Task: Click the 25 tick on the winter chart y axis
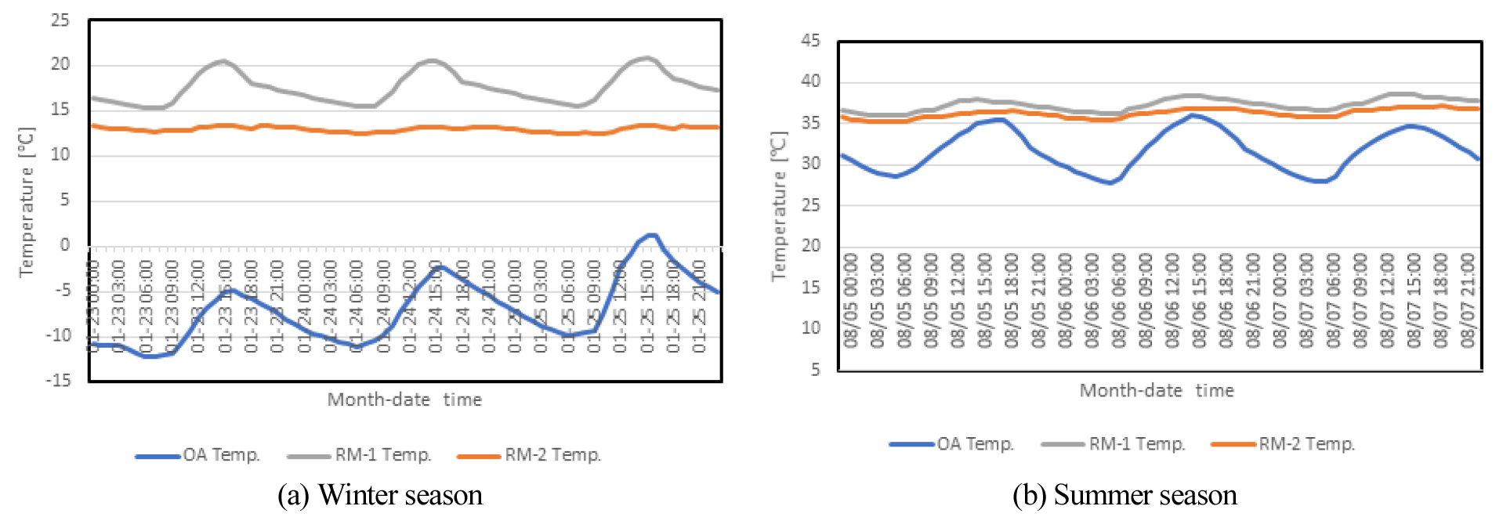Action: [x=60, y=20]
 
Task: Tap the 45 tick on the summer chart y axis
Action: [x=810, y=41]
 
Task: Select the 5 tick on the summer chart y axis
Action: [x=815, y=369]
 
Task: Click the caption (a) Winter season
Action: [x=380, y=495]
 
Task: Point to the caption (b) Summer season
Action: [x=1125, y=495]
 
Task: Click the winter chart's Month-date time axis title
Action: [x=404, y=399]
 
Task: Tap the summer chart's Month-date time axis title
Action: [x=1157, y=390]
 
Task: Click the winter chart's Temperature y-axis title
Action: [x=27, y=201]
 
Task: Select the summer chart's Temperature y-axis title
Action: [x=778, y=206]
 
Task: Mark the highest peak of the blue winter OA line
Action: [x=650, y=235]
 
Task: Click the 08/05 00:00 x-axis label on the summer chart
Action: [x=851, y=300]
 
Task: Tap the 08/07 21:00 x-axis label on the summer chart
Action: [x=1468, y=300]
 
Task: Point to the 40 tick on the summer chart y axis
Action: [x=810, y=81]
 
